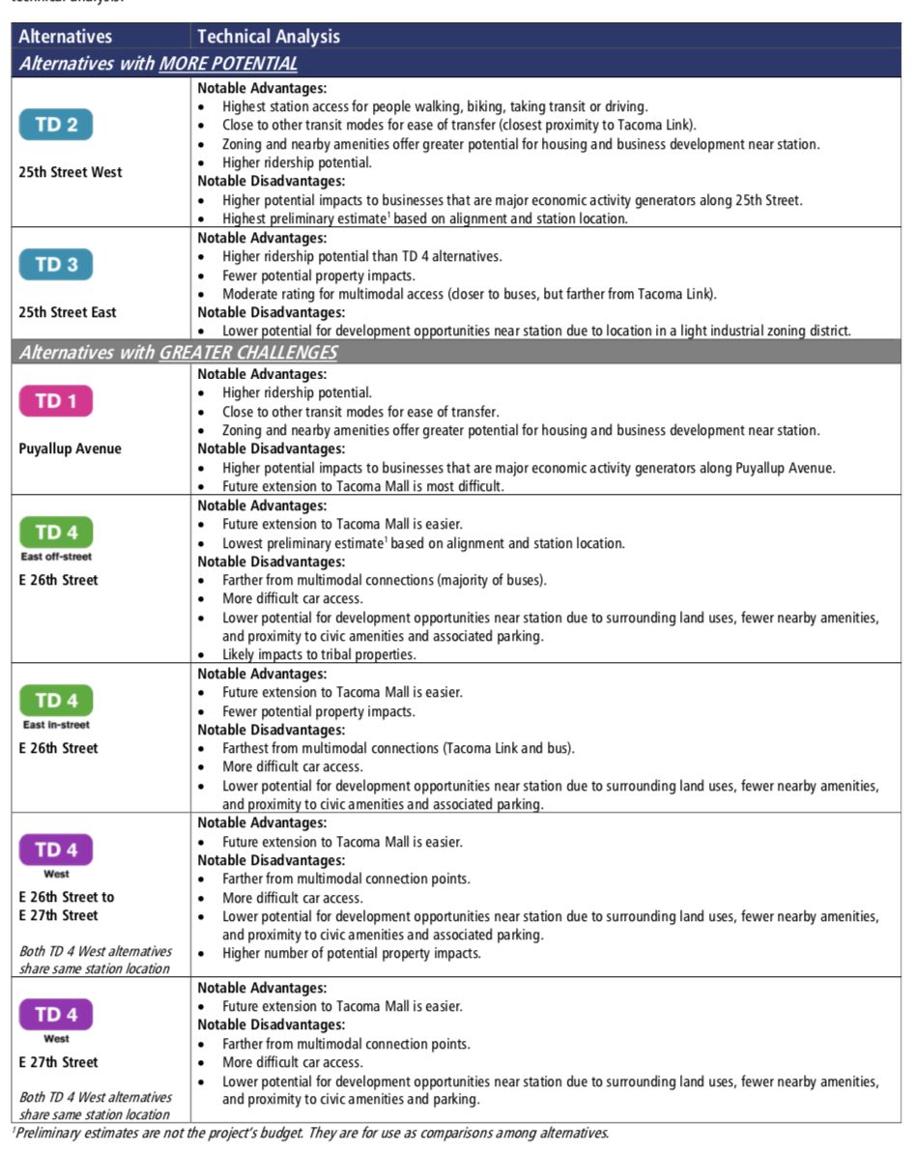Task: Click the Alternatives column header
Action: pos(65,37)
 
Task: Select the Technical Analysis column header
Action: pos(269,37)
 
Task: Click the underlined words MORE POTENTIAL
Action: pos(228,64)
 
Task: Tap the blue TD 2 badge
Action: pos(56,125)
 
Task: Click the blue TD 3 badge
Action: pos(56,265)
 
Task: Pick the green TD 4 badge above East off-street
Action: pos(56,533)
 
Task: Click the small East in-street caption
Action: pos(56,725)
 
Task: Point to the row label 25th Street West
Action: pos(71,172)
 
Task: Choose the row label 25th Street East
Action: pos(69,312)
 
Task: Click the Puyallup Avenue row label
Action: pos(71,448)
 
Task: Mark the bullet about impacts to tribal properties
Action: pos(319,655)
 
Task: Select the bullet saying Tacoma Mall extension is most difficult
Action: pos(362,486)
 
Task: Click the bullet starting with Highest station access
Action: pos(435,106)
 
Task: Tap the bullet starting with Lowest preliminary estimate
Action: pos(423,543)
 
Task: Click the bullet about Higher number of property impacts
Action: pos(351,954)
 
